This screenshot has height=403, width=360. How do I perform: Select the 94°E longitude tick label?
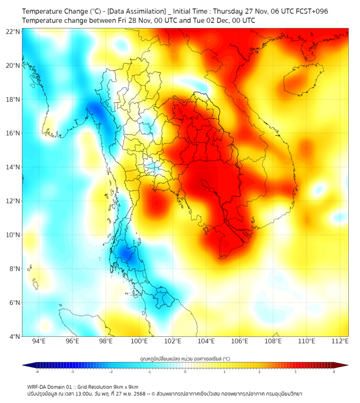click(x=39, y=341)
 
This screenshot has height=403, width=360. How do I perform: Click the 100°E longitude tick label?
click(x=139, y=341)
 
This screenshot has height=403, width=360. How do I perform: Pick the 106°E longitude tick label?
click(x=240, y=341)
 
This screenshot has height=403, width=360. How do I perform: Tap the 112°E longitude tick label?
click(x=340, y=341)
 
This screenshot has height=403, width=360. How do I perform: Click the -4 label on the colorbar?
click(x=37, y=372)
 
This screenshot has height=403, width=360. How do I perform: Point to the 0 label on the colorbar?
click(x=185, y=372)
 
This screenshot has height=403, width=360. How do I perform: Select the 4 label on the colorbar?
click(x=334, y=372)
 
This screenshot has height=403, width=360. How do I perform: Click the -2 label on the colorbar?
click(x=111, y=372)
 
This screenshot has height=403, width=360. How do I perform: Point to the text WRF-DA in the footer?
click(x=38, y=386)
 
